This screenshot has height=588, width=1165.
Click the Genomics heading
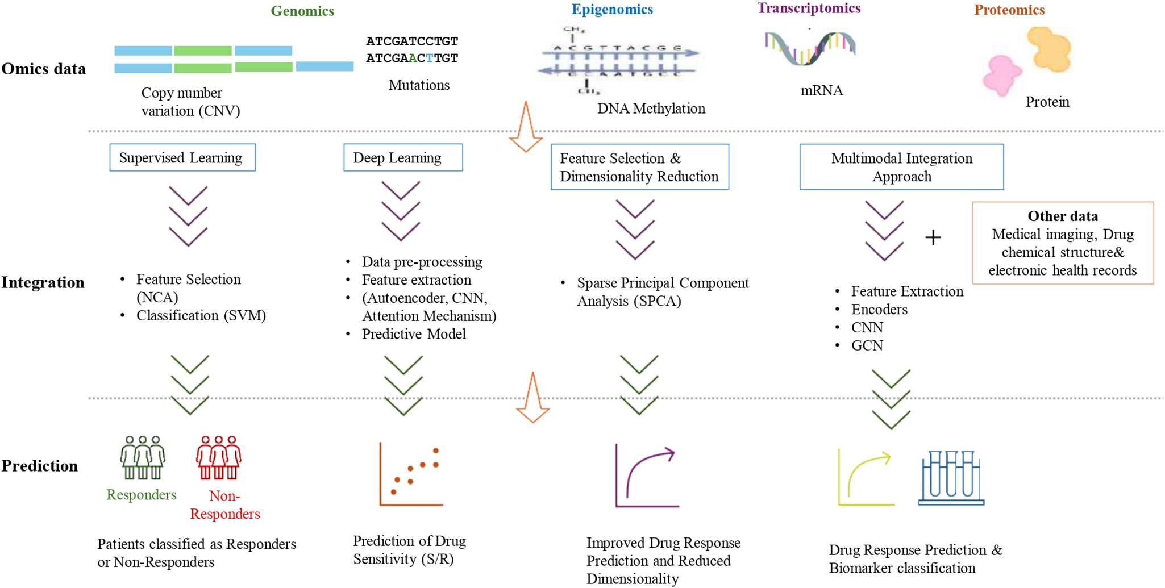tap(302, 11)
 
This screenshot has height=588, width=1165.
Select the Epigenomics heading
tap(612, 9)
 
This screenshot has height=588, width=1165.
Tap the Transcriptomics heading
tap(809, 8)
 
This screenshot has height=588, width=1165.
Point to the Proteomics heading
tap(1009, 10)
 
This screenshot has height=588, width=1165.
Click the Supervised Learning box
tap(182, 157)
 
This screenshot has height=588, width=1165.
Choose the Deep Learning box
tap(403, 157)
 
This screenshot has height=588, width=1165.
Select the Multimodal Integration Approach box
tap(901, 167)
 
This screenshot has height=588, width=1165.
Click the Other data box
tap(1063, 243)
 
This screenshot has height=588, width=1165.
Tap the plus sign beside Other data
tap(933, 237)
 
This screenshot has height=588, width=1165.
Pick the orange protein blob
tap(1049, 49)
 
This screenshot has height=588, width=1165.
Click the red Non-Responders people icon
tap(219, 457)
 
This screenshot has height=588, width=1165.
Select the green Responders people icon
tap(142, 457)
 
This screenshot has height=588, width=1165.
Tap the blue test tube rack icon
tap(951, 478)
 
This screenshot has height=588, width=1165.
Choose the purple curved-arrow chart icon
tap(647, 476)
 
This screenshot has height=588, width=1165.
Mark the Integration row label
tap(43, 282)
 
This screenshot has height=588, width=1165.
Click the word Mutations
tap(419, 85)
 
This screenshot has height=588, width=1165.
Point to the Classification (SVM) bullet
tap(201, 315)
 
